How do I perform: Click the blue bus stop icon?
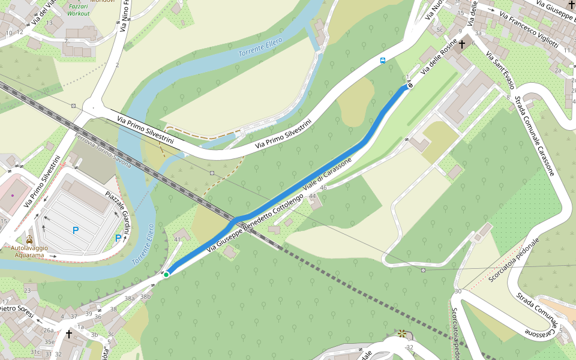[382, 61]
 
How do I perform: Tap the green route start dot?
[166, 274]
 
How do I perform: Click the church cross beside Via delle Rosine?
[462, 44]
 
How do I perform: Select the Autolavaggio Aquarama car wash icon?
[29, 239]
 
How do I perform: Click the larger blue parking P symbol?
[76, 230]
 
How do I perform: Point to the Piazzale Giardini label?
[118, 214]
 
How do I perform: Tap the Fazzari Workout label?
[79, 9]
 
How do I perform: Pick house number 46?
[323, 188]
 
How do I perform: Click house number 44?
[312, 196]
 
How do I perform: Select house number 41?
[178, 239]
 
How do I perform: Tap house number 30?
[458, 291]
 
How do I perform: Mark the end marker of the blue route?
[410, 85]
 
